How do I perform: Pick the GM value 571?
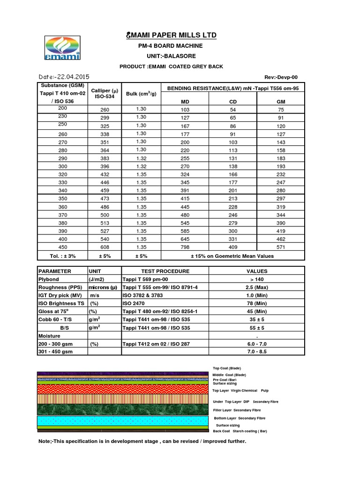click(x=281, y=247)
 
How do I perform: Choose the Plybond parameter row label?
click(x=49, y=278)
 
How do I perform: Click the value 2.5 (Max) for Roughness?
click(x=256, y=287)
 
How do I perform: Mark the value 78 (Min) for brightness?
click(x=256, y=303)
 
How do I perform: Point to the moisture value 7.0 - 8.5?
click(x=256, y=351)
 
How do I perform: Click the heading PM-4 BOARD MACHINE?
click(x=170, y=46)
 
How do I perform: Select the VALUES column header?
click(x=256, y=271)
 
